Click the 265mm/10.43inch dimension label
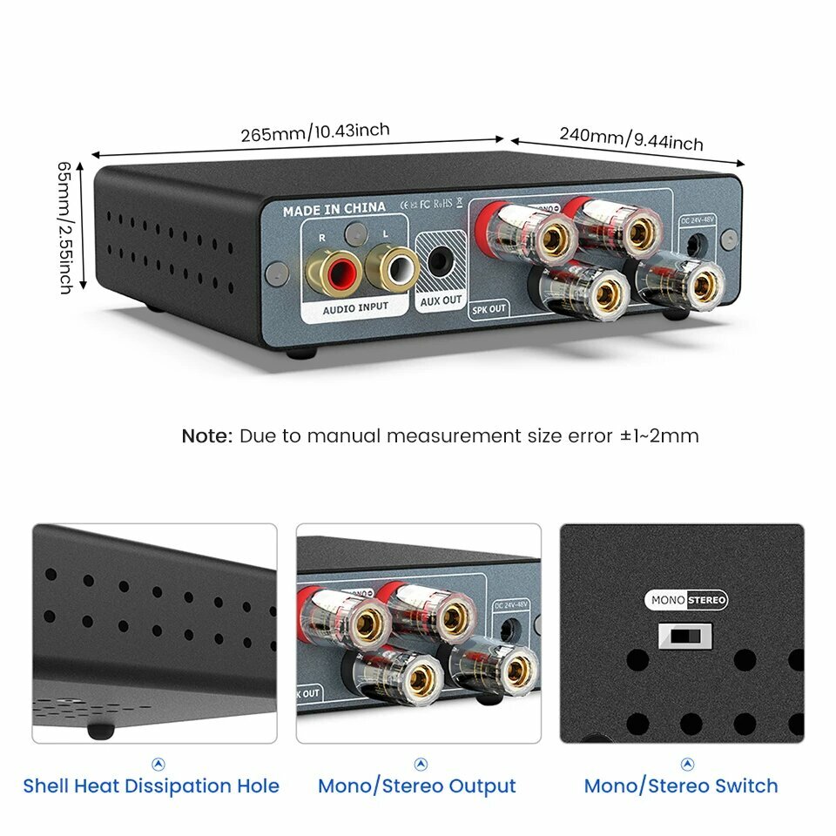tap(315, 132)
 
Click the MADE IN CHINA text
tap(334, 209)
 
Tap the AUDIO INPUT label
tap(355, 307)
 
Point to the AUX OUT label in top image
tap(442, 300)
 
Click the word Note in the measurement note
tap(206, 435)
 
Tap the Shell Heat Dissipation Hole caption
tap(152, 786)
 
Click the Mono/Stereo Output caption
tap(417, 786)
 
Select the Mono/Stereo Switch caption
tap(681, 786)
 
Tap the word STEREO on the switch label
tap(705, 600)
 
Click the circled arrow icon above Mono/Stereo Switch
tap(688, 764)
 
